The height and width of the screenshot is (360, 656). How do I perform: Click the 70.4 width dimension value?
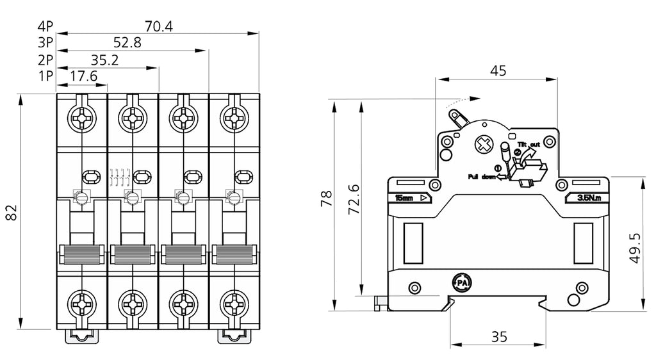159,26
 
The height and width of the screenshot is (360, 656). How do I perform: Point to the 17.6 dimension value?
82,77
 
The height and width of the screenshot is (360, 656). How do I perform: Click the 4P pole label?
45,26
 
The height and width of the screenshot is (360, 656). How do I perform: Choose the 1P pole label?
45,77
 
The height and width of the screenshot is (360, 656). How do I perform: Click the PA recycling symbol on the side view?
461,282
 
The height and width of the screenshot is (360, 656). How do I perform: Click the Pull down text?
482,176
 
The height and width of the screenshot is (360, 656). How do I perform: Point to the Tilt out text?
529,144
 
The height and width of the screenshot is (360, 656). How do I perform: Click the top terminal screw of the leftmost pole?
82,119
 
